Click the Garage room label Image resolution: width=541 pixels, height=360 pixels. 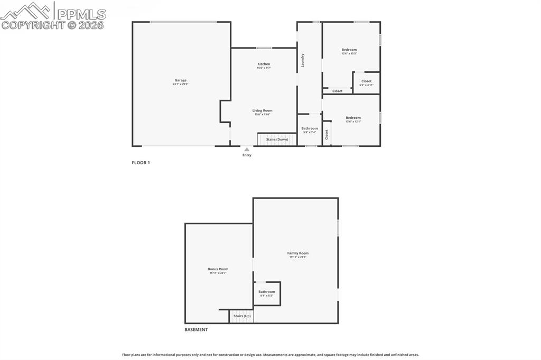(x=181, y=80)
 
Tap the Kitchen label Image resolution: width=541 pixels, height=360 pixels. (x=264, y=64)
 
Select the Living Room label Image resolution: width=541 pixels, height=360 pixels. (x=263, y=110)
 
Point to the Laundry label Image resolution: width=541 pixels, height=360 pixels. (x=303, y=60)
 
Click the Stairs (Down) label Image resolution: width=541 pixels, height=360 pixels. (x=277, y=139)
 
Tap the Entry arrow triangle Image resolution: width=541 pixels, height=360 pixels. (x=247, y=149)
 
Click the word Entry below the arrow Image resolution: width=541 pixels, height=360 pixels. (x=247, y=155)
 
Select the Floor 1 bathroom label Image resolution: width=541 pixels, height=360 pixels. (x=310, y=128)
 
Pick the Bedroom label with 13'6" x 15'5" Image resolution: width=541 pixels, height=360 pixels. (x=349, y=50)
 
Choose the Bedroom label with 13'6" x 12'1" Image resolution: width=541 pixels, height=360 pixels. (x=353, y=118)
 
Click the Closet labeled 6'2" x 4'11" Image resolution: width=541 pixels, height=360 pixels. (x=366, y=81)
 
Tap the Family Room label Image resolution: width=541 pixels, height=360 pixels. (x=298, y=253)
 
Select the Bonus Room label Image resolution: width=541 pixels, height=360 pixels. (x=218, y=269)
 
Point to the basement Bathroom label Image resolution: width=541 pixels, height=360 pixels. (x=266, y=292)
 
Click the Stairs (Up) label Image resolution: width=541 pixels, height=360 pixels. (x=242, y=316)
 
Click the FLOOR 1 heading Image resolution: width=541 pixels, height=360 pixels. (x=141, y=163)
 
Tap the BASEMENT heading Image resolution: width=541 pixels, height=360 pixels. (x=196, y=329)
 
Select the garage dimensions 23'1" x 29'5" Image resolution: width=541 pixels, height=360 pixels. (x=181, y=84)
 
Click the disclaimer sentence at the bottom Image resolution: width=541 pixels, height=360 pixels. (x=270, y=355)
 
